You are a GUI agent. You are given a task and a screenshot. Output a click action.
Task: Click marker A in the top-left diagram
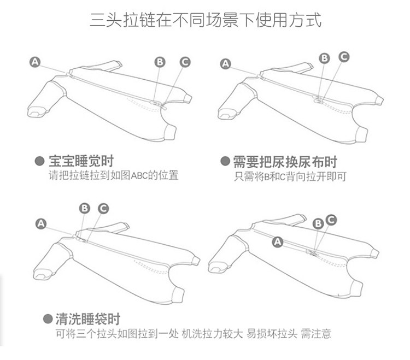coord(36,62)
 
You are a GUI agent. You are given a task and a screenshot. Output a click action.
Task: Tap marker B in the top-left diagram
coord(160,62)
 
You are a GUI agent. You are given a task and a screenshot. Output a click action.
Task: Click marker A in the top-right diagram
coord(226,64)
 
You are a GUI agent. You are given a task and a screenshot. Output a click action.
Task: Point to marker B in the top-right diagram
coord(324,58)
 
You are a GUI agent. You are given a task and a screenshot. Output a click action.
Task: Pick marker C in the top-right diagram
coord(344,56)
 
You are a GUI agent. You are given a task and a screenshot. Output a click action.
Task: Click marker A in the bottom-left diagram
coord(40,223)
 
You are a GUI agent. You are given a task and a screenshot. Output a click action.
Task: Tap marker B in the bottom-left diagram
coord(84,208)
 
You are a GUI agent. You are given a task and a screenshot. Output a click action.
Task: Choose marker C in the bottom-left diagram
coord(103,208)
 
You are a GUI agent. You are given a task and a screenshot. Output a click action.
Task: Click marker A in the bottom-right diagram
coord(277,241)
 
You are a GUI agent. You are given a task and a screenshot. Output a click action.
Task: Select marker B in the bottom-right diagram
coord(318,223)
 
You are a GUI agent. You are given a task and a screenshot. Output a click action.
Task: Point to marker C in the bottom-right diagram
coord(330,219)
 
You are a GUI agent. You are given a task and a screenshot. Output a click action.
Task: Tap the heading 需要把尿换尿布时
coord(285,162)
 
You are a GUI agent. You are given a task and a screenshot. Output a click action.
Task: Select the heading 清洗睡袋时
coord(87,319)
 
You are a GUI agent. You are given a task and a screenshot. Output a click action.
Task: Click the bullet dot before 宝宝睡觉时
coord(39,162)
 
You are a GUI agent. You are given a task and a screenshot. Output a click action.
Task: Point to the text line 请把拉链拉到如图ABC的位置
coord(114,176)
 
